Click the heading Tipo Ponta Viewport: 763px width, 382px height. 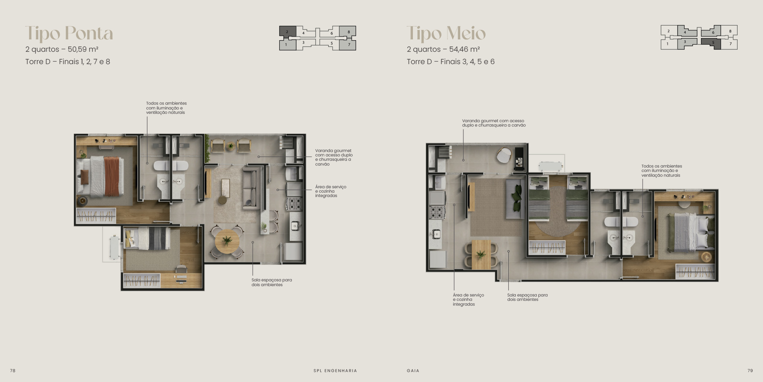coord(69,33)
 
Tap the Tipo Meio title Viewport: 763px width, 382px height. coord(446,33)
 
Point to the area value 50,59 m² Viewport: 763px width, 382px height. coord(83,49)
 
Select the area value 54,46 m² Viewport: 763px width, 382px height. coord(465,49)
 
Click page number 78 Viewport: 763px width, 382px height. coord(13,370)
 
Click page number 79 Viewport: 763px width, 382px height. coord(750,370)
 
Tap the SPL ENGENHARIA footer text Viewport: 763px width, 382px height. coord(335,370)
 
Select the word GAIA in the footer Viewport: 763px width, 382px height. coord(413,370)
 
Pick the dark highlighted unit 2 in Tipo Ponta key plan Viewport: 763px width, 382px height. coord(287,31)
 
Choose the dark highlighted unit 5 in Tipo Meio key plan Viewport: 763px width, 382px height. coord(711,43)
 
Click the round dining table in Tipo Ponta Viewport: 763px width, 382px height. coord(227,242)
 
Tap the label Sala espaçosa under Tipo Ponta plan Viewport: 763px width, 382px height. coord(272,282)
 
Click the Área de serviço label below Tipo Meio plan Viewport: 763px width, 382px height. coord(469,300)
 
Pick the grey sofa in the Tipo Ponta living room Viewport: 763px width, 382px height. coord(251,188)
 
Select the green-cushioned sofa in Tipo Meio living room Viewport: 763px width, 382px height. coord(515,199)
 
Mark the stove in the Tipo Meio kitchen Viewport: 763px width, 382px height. coord(437,212)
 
